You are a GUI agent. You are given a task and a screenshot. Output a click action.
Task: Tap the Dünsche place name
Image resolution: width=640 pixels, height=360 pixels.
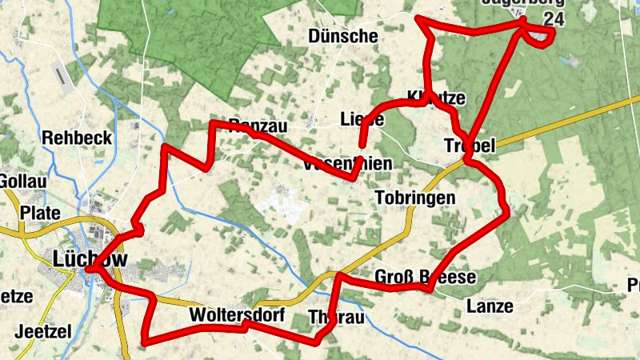342,36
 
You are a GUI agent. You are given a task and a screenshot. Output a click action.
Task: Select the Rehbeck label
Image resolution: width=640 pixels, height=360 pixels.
77,138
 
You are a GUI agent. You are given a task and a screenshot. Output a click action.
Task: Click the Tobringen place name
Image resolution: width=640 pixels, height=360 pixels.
415,198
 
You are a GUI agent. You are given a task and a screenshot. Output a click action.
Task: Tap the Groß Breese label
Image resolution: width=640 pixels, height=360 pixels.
426,278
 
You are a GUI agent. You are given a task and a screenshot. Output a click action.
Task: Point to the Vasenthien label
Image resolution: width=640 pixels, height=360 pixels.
348,164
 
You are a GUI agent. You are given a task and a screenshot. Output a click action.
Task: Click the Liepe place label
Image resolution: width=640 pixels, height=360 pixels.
362,118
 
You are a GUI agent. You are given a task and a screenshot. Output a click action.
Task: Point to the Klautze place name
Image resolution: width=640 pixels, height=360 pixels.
436,98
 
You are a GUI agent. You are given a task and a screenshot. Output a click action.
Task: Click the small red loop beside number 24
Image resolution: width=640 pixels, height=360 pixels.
539,34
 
